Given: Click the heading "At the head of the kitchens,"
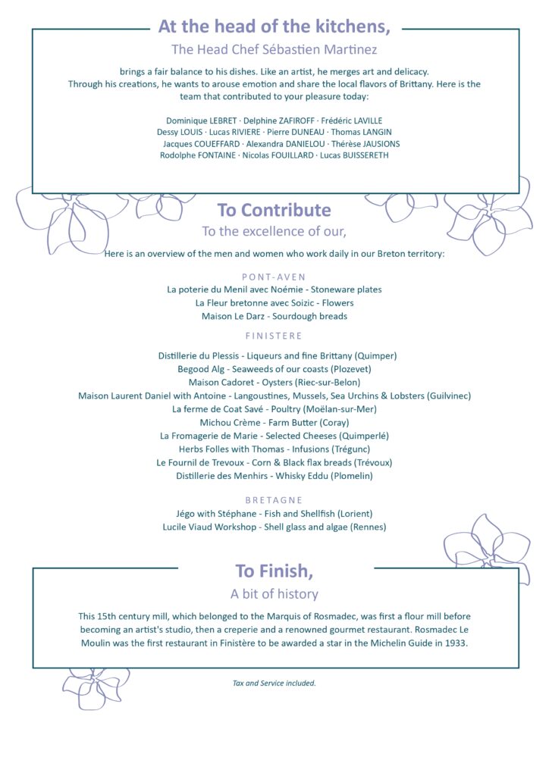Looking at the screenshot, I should tap(274, 27).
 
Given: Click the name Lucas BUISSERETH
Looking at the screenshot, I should tap(354, 155).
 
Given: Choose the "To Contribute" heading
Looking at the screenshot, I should tap(274, 210).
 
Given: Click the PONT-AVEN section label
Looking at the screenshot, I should tap(274, 277).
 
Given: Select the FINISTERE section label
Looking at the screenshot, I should tap(274, 336).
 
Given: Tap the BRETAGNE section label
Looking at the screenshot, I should tap(274, 500).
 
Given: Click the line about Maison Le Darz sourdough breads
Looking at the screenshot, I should tap(274, 316).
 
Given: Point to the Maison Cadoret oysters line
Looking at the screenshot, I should tap(274, 383).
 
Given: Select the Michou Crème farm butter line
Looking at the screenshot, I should tap(274, 422).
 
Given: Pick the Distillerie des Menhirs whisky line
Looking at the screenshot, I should tap(274, 476).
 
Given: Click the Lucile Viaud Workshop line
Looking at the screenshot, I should tap(274, 527).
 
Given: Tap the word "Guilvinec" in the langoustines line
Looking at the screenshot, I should tap(448, 396).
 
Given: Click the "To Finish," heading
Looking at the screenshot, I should tap(274, 571).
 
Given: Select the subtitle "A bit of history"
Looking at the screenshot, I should tap(274, 594).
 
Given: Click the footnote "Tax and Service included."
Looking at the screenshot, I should tap(274, 683).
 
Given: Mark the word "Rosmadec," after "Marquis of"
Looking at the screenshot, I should tap(315, 617).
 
